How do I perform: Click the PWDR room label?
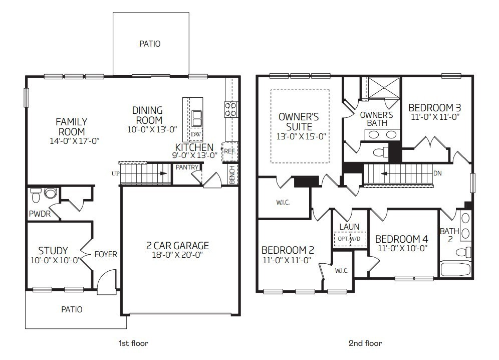coord(40,214)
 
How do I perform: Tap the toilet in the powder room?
coord(36,195)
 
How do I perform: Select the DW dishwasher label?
coord(196,134)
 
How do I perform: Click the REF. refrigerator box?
coord(230,151)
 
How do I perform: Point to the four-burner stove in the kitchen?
coord(231,109)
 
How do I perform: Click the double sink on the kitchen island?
coord(196,118)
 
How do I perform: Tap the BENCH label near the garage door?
coord(232,174)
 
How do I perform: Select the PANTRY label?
coord(187,167)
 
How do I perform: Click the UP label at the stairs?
coord(116,173)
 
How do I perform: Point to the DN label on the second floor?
coord(437,173)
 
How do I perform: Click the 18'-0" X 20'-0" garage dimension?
coord(177,255)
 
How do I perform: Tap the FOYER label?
coord(106,255)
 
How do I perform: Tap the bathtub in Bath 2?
coord(455,269)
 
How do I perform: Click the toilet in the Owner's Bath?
coord(381,152)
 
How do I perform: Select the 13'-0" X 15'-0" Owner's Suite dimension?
coord(301,137)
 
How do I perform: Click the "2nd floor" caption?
coord(365,343)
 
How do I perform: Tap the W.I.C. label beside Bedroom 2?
coord(342,271)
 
